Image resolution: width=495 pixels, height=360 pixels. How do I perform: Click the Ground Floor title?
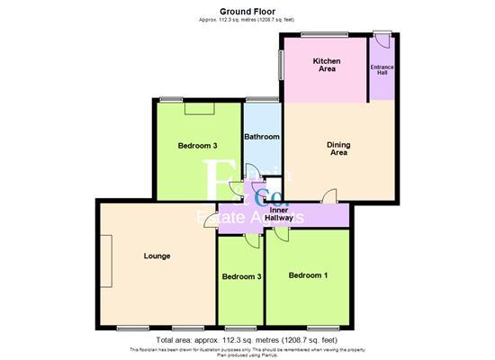coord(247,10)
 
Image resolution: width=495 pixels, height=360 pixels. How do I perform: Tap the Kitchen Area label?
coord(325,65)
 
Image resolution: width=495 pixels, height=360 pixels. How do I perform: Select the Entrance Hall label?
coord(382,69)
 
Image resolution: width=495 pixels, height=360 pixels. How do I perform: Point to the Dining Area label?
coord(338,148)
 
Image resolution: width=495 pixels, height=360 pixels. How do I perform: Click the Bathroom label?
coord(262,137)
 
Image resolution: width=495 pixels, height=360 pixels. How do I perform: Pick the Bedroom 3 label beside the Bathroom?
coord(197,146)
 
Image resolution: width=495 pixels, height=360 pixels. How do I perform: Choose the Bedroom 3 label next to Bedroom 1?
coord(241,276)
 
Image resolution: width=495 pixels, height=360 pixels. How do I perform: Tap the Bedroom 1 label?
coord(308,275)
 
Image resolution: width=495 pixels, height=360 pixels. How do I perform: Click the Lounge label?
coord(157,256)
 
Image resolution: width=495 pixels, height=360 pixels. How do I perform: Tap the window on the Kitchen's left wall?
coord(282,64)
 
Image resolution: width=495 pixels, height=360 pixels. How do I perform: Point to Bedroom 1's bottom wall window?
coord(322,326)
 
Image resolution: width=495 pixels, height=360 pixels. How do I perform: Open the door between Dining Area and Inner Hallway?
coord(331,196)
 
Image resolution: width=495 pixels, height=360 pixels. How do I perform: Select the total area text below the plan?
coord(247,341)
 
